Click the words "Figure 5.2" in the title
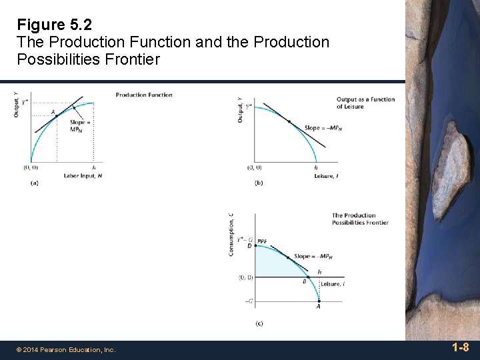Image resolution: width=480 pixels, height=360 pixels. click(x=55, y=25)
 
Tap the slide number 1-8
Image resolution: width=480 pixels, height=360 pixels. click(x=460, y=347)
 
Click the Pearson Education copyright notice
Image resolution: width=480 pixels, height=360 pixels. click(x=66, y=349)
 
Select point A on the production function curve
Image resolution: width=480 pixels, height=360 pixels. click(x=57, y=116)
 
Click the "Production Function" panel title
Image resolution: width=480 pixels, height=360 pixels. click(x=144, y=95)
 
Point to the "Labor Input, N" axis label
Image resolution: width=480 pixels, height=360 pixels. click(x=83, y=175)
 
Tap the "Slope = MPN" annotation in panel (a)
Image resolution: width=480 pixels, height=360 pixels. click(x=80, y=126)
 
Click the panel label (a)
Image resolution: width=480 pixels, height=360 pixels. click(x=34, y=183)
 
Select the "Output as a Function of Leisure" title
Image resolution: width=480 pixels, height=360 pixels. click(x=365, y=103)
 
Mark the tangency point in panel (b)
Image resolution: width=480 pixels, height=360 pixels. click(x=289, y=121)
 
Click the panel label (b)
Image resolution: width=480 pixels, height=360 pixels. click(x=259, y=183)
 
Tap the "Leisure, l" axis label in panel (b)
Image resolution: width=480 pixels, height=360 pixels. click(x=326, y=175)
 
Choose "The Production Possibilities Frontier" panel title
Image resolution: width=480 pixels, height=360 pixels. click(x=360, y=219)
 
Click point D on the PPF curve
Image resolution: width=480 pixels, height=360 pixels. click(x=256, y=245)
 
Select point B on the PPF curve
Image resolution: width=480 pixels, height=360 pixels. click(x=308, y=277)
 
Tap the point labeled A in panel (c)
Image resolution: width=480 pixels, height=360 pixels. click(x=318, y=301)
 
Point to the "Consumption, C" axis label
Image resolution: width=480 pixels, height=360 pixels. click(x=231, y=234)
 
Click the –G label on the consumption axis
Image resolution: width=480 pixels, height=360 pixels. click(x=248, y=301)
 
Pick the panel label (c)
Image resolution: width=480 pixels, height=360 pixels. click(x=259, y=323)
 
